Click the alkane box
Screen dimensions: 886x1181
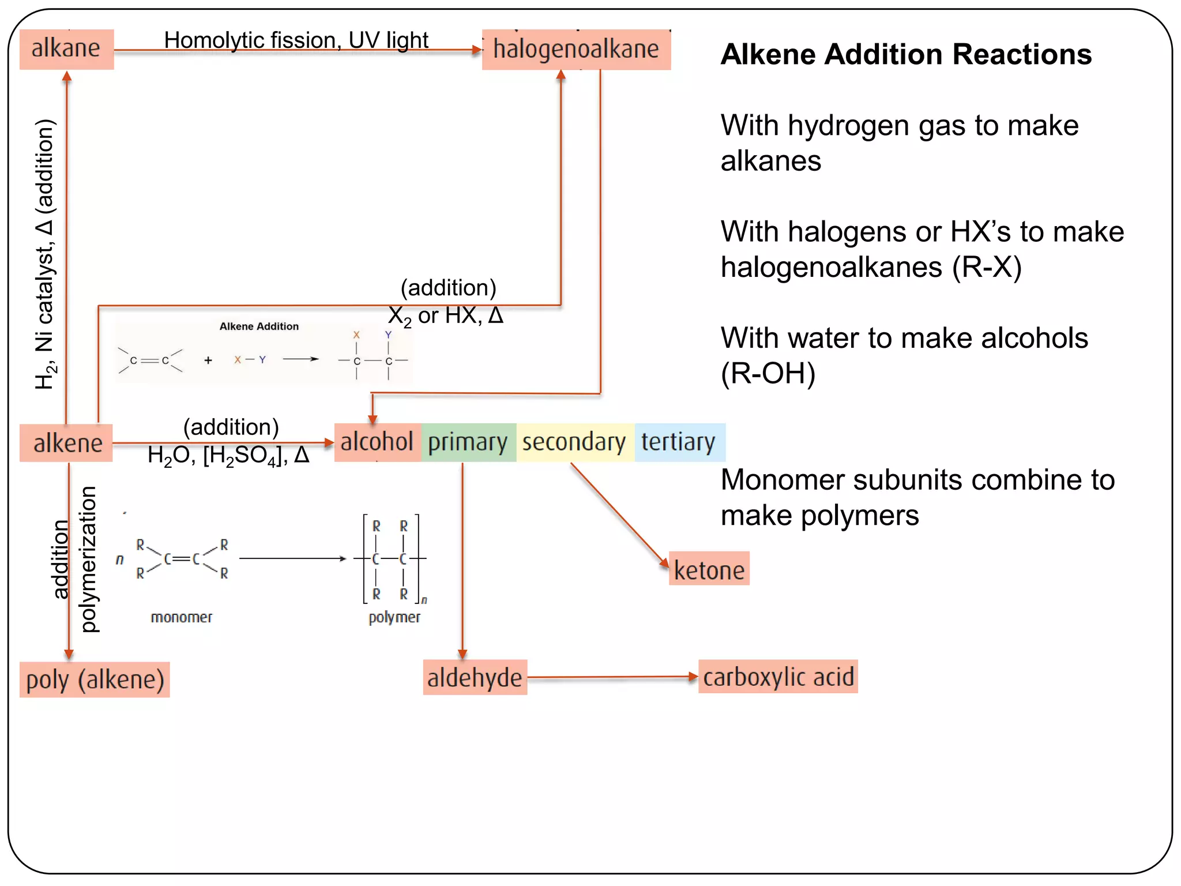point(66,49)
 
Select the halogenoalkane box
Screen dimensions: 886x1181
point(576,50)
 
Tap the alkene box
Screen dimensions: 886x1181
point(66,443)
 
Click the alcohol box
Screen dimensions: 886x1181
point(377,442)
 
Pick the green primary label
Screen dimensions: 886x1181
point(468,442)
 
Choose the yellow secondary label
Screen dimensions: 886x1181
point(574,442)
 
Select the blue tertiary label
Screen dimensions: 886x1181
point(679,442)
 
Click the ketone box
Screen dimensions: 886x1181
point(709,569)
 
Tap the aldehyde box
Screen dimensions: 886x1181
point(475,677)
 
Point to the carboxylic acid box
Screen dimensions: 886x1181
point(778,677)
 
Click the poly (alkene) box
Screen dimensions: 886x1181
point(95,679)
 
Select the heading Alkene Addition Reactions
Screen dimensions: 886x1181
point(906,55)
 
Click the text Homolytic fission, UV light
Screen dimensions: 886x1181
point(296,40)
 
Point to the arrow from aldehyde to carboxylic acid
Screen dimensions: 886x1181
point(611,677)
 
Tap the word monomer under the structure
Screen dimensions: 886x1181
point(182,617)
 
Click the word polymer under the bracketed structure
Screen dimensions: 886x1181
point(394,617)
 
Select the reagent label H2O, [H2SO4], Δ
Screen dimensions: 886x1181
point(228,456)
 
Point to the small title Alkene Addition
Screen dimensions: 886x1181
point(259,326)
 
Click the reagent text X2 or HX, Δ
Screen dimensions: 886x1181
point(445,316)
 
